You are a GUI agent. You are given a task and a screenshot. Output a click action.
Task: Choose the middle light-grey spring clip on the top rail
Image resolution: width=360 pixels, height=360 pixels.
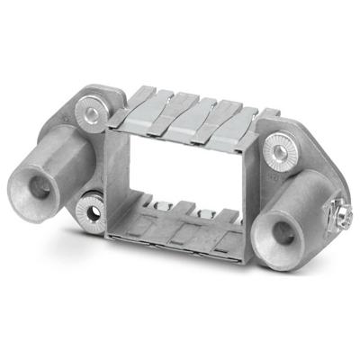189,121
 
